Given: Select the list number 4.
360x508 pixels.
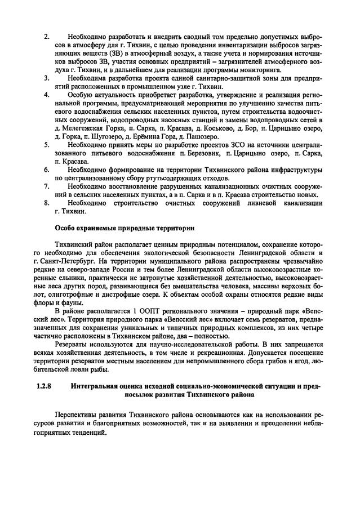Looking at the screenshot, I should point(47,95).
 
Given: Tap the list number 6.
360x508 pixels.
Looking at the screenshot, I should point(47,169).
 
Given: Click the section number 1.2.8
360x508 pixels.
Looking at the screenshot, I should point(43,387).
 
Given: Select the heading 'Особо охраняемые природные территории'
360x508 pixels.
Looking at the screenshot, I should point(124,229).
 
